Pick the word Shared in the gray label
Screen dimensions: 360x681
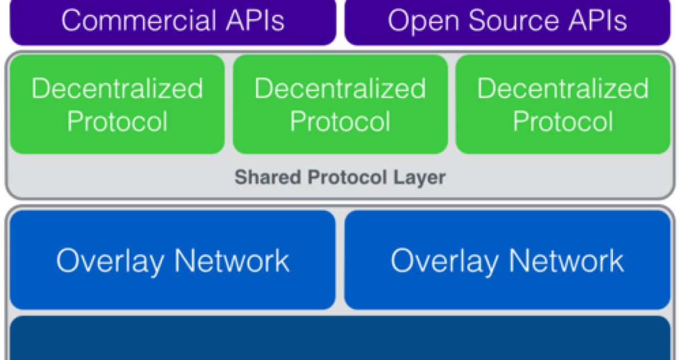pos(260,178)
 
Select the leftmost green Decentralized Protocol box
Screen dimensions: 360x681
pos(117,105)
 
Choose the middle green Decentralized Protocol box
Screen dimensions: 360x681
pos(340,105)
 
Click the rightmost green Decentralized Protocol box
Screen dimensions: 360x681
pos(563,105)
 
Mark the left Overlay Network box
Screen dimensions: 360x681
pos(172,260)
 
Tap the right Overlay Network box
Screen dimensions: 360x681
pos(507,260)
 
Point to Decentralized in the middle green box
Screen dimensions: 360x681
pos(340,89)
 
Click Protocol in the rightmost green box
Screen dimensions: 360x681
pos(563,121)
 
